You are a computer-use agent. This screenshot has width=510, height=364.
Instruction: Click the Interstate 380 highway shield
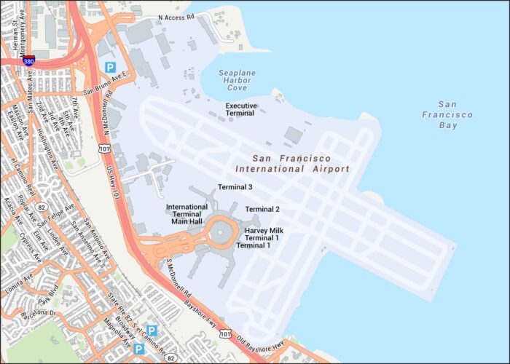28,61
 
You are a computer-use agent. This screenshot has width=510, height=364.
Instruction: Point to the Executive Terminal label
241,109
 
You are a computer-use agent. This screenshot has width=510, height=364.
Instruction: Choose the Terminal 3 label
235,187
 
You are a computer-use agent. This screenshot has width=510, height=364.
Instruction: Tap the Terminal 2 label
262,209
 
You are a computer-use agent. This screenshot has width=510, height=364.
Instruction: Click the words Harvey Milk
264,231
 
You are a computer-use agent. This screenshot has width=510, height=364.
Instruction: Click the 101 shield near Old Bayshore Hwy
227,334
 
